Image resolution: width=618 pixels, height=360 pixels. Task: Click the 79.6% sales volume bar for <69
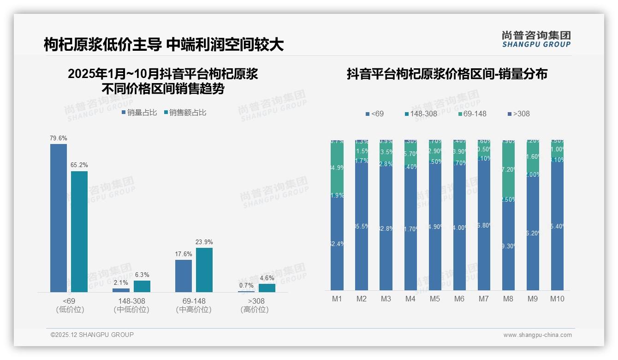(59, 218)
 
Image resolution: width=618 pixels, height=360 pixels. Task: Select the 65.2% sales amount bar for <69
(79, 231)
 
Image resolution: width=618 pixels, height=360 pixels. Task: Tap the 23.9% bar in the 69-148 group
(204, 270)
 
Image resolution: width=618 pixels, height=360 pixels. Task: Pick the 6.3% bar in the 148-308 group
(142, 286)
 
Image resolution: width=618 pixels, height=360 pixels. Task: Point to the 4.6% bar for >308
(267, 288)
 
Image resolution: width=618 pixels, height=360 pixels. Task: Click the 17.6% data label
(184, 254)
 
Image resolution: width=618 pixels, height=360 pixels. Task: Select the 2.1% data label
(121, 282)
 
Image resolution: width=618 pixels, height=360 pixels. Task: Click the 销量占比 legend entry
(139, 112)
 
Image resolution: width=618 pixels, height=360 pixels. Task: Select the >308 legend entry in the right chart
(518, 114)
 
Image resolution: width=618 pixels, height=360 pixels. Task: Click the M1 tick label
(337, 299)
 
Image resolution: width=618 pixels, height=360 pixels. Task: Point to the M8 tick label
(508, 299)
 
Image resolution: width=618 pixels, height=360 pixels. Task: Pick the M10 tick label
(557, 299)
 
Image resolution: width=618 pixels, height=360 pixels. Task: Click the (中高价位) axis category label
(194, 310)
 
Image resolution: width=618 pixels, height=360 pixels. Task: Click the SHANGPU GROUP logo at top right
(536, 39)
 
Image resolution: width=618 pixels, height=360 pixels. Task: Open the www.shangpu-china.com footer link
(537, 335)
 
